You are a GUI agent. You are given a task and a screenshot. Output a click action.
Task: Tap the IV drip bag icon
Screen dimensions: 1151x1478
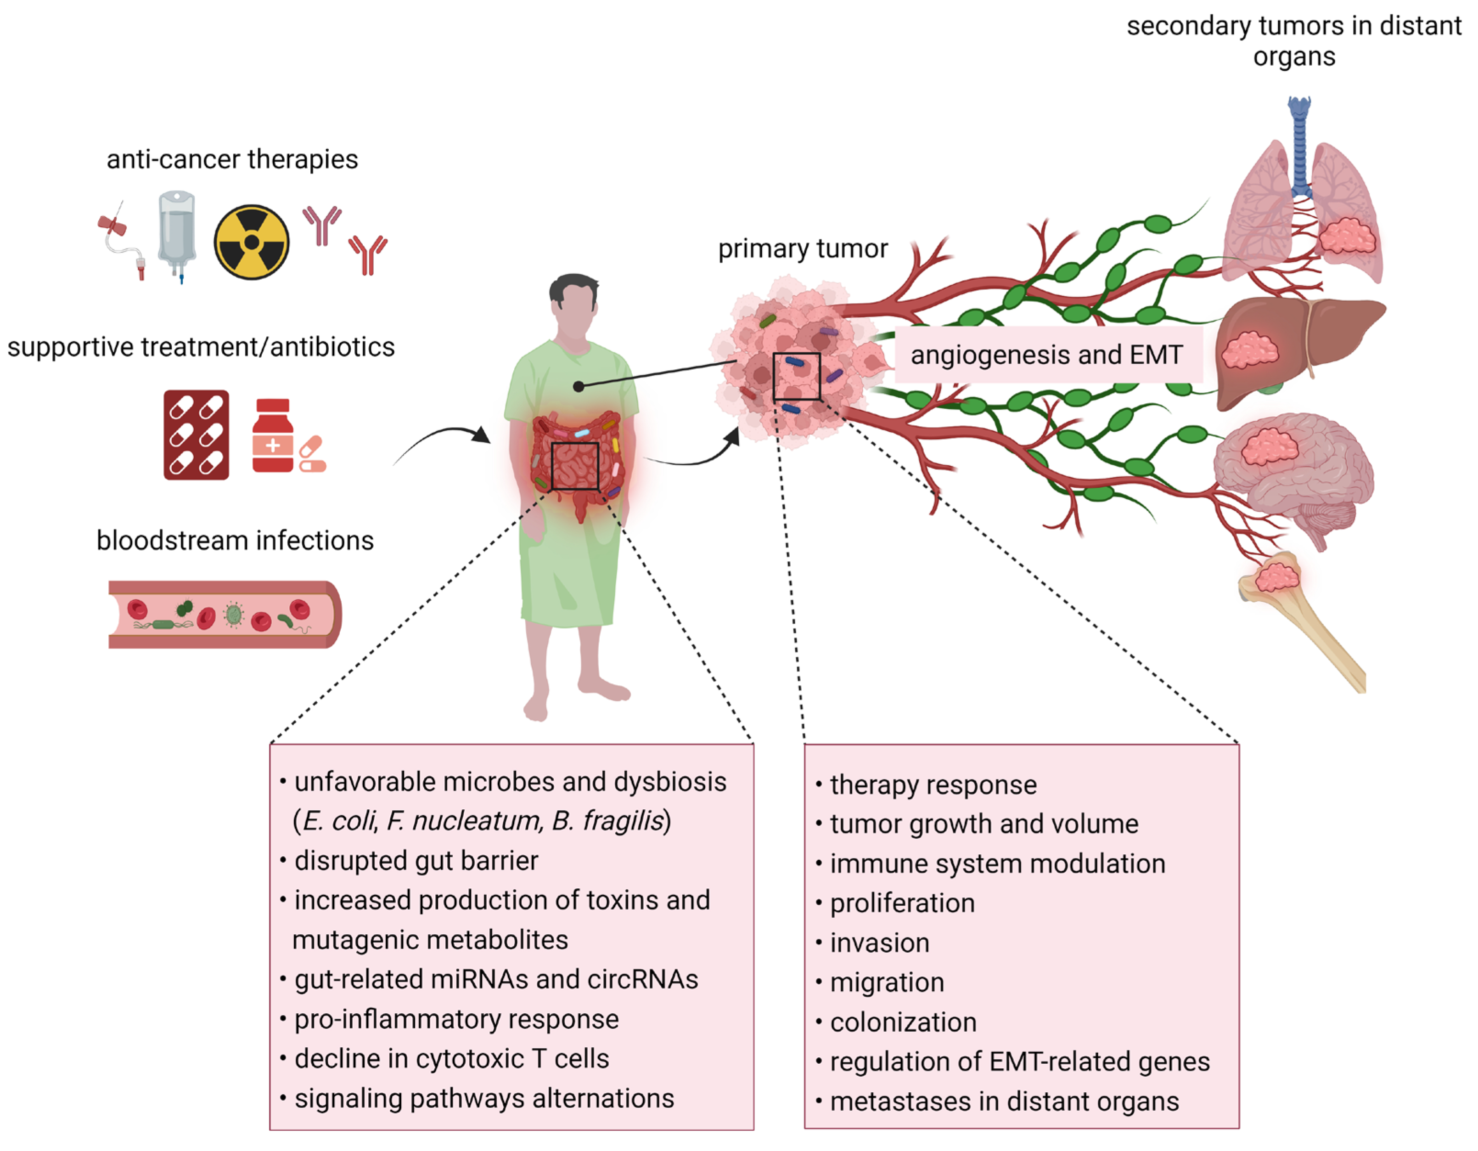[177, 234]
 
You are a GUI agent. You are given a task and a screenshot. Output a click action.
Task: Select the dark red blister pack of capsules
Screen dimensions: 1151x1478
[196, 434]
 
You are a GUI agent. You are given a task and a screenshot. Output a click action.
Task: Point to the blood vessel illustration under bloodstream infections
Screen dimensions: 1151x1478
[225, 614]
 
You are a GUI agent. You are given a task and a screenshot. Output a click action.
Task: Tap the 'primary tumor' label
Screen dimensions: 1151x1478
[802, 248]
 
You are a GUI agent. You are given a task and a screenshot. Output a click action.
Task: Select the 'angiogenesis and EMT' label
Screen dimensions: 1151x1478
[1046, 355]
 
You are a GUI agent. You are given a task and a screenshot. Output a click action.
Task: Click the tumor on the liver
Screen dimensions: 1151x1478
[1249, 350]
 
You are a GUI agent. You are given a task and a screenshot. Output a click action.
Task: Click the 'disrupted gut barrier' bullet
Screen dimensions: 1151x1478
[416, 861]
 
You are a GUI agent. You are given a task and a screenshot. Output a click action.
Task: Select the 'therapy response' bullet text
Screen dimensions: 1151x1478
[933, 785]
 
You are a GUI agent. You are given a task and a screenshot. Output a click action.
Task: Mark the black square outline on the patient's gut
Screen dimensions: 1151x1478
[574, 466]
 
